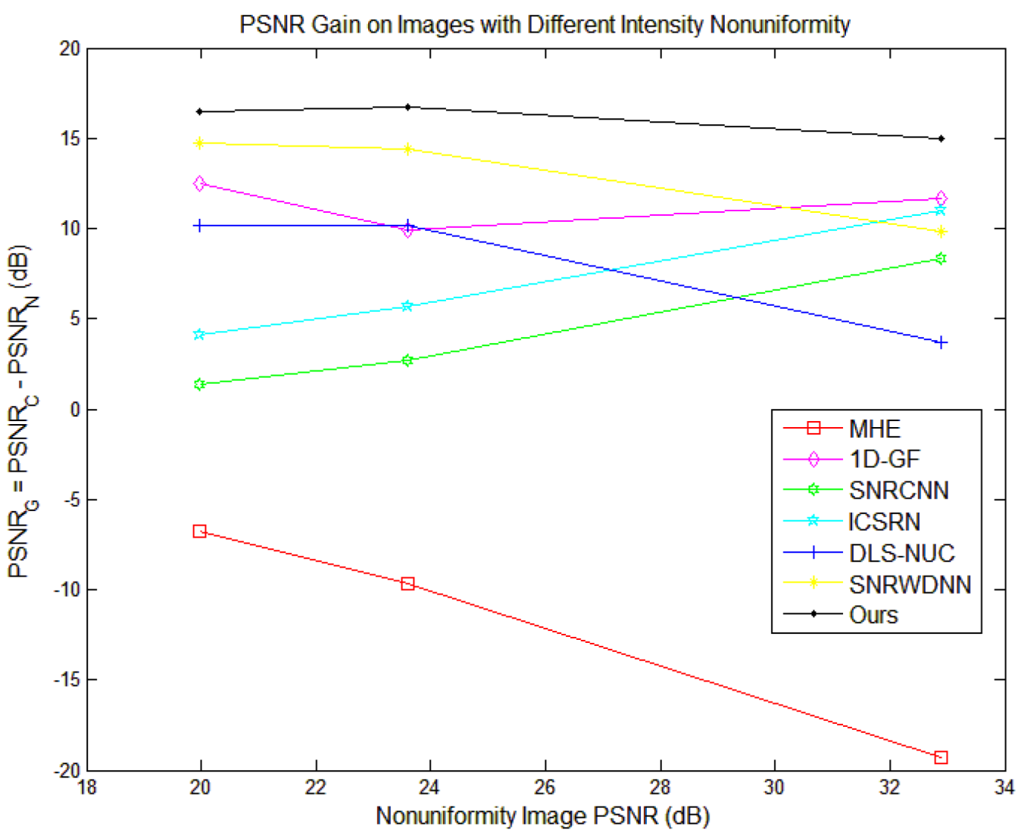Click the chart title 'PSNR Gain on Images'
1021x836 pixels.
coord(544,24)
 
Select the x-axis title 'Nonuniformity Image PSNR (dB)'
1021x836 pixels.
coord(542,816)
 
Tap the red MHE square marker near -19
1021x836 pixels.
coord(941,757)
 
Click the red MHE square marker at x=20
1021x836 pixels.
coord(199,532)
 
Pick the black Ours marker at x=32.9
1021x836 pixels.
coord(941,139)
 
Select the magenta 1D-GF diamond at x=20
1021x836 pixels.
coord(199,183)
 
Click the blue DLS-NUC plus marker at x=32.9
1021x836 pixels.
coord(941,342)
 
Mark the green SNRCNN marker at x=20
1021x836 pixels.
coord(199,385)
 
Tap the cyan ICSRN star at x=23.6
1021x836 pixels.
coord(407,306)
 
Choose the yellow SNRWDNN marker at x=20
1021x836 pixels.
coord(199,143)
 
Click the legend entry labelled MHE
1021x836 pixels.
coord(874,429)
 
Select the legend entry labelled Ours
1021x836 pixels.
coord(873,615)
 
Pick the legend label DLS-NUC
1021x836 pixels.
coord(901,553)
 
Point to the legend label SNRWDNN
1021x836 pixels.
coord(910,584)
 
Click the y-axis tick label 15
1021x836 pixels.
coord(70,139)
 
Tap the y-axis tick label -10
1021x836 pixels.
coord(67,589)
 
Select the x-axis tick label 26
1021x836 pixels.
coord(545,788)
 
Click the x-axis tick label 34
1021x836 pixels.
coord(1004,788)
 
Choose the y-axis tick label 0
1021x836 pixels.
coord(74,410)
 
